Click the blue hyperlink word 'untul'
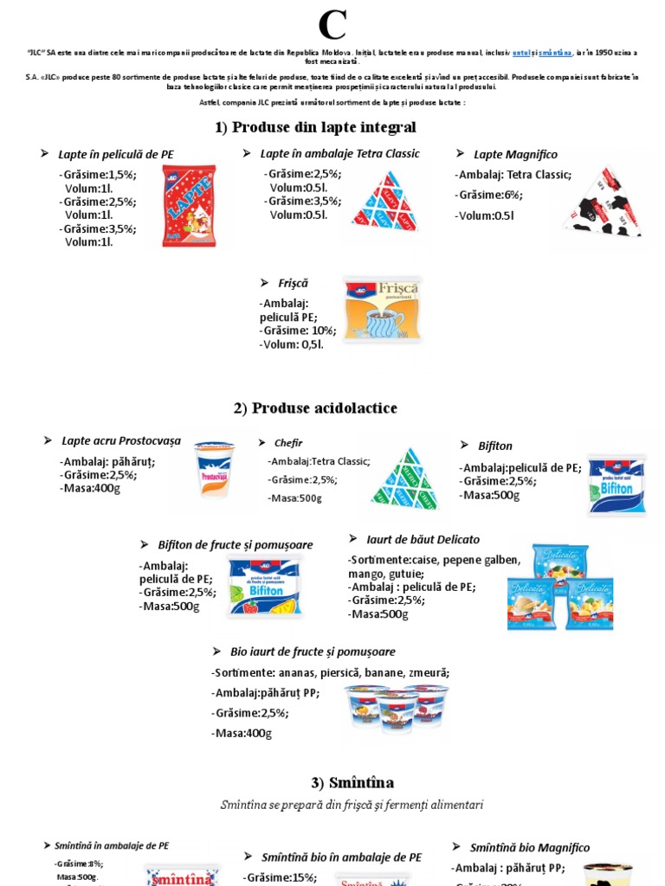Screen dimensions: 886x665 521,53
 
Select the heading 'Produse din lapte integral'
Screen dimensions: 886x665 315,127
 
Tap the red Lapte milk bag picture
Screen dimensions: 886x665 189,206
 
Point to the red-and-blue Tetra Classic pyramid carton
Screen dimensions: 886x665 384,202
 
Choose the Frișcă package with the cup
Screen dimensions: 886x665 382,309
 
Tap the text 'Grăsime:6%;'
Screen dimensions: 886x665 490,195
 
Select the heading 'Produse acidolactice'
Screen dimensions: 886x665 315,408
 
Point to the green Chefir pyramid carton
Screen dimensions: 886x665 404,478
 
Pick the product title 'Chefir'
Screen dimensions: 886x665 287,443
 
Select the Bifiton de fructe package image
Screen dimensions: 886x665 265,586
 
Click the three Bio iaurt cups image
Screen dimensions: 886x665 397,709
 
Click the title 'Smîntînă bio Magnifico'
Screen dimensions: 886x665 529,848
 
